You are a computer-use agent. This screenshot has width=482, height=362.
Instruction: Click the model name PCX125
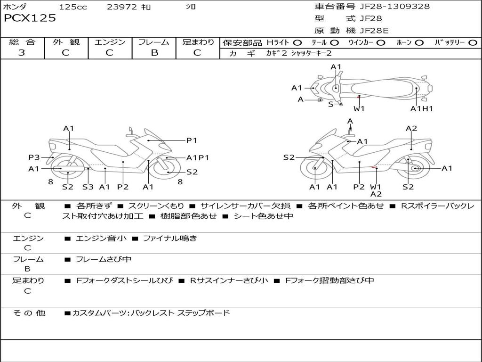point(30,18)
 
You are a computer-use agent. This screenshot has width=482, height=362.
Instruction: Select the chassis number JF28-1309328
point(395,7)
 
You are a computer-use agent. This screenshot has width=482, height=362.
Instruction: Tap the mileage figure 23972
point(122,7)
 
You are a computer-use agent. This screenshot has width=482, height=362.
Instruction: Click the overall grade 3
point(22,52)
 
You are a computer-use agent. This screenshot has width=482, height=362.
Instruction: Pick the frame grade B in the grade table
point(154,53)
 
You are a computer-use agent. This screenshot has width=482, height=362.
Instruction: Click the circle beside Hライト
point(297,43)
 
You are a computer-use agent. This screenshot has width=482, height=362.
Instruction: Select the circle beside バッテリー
point(473,43)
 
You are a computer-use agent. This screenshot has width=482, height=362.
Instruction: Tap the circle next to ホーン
point(419,43)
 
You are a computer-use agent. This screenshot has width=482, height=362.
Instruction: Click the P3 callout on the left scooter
point(34,157)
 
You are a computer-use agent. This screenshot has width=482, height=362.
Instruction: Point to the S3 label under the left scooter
point(88,187)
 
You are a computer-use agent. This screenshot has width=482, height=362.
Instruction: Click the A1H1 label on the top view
point(421,108)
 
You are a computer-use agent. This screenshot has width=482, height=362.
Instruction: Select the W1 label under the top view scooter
point(359,108)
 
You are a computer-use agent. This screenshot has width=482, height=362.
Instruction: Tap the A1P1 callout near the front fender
point(198,157)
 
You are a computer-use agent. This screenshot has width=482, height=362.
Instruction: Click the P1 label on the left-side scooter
point(192,140)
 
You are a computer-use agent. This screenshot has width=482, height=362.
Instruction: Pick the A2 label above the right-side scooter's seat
point(411,128)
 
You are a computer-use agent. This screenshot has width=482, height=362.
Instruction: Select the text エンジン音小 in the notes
point(101,238)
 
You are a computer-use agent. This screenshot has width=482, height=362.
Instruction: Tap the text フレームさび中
point(104,259)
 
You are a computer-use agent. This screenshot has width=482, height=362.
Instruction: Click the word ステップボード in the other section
point(204,313)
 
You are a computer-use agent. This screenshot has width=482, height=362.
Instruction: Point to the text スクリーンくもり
point(156,206)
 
